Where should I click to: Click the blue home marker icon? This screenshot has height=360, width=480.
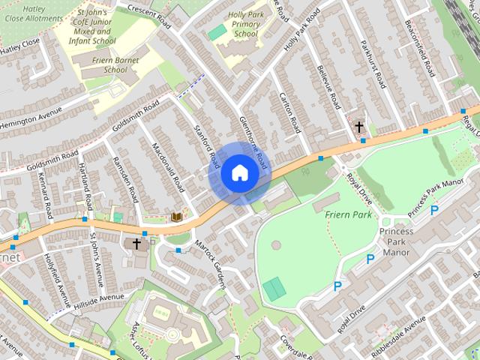[x=239, y=173]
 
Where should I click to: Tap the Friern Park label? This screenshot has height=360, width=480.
[x=349, y=215]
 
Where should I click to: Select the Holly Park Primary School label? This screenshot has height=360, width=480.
[x=245, y=23]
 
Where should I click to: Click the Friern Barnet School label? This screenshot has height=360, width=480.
[x=105, y=70]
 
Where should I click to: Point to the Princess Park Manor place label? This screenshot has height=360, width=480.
[x=395, y=241]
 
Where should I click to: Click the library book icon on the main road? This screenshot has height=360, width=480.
[x=177, y=217]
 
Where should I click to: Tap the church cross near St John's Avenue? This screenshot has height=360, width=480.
[x=136, y=244]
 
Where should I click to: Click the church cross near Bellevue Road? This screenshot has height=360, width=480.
[x=360, y=127]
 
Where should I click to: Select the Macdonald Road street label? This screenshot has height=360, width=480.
[x=167, y=164]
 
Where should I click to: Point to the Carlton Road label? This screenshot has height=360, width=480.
[x=289, y=113]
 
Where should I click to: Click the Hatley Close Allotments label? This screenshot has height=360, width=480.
[x=31, y=13]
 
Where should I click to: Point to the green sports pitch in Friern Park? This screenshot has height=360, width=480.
[x=274, y=287]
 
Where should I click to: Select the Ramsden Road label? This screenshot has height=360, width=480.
[x=124, y=178]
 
